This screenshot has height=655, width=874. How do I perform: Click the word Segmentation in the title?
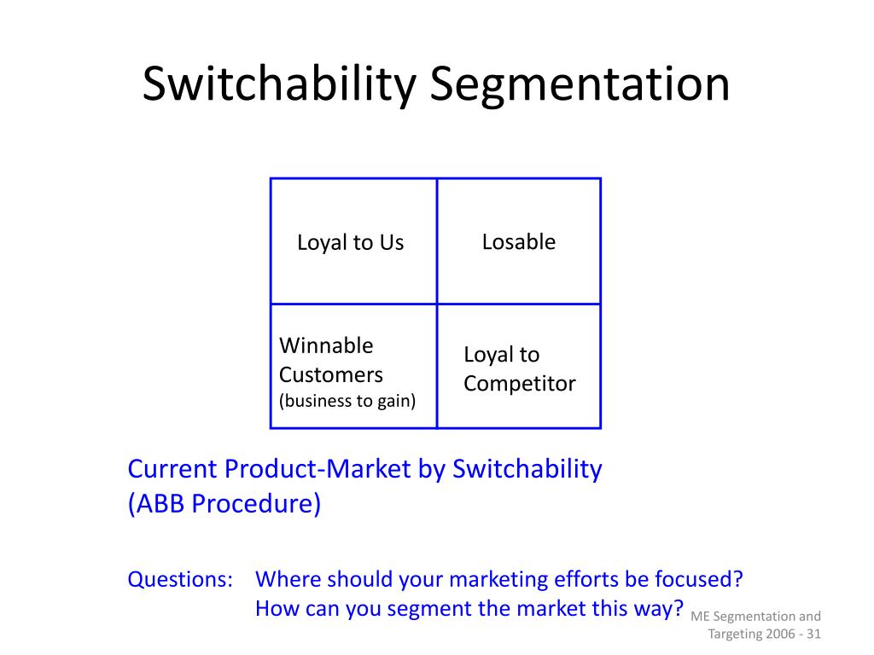580,86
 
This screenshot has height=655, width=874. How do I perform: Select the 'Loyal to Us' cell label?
350,243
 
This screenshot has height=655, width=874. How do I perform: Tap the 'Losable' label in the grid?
518,242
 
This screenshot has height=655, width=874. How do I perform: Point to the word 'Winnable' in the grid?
326,346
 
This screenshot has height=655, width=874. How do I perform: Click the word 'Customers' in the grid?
331,375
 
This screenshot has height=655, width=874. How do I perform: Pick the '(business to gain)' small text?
347,401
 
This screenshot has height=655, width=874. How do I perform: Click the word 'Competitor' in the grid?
519,384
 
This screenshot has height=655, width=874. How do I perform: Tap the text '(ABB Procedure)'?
224,504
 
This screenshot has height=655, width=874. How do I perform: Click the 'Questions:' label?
180,580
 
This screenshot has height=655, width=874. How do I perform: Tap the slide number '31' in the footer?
813,634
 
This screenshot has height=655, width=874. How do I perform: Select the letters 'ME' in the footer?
700,616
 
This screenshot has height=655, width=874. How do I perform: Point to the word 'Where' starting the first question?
285,580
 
